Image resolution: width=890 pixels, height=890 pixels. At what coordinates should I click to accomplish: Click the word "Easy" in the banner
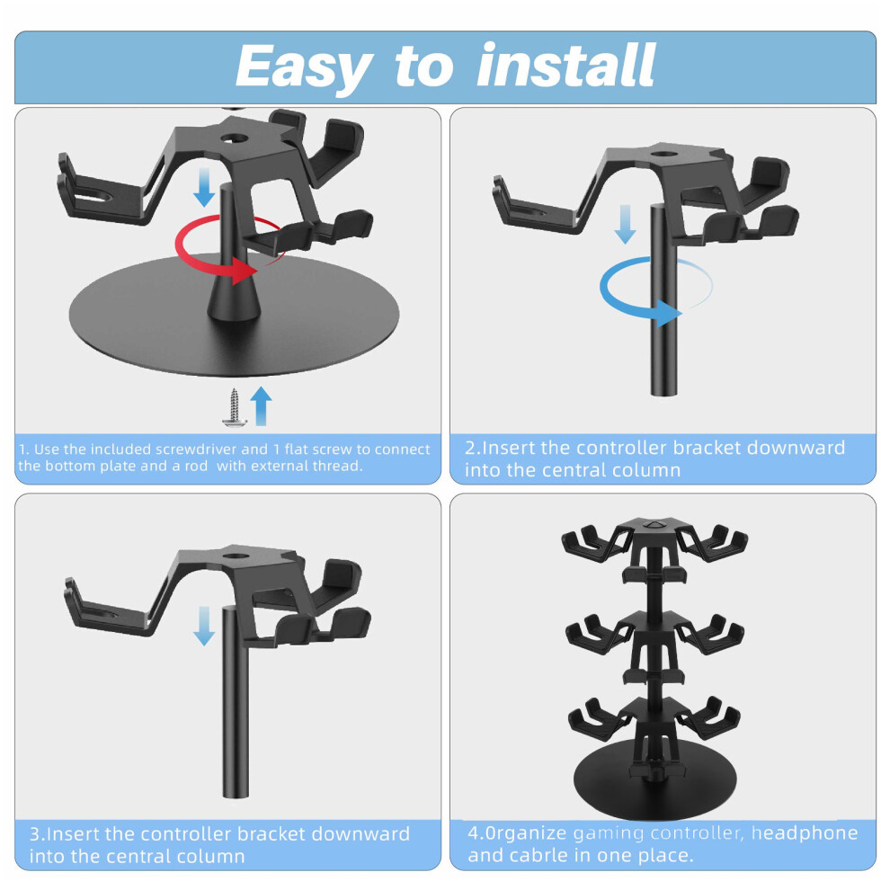click(x=304, y=68)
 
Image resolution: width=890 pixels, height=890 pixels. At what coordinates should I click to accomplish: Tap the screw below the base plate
click(x=234, y=407)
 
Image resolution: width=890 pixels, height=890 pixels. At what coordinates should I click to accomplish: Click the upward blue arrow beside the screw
click(x=261, y=405)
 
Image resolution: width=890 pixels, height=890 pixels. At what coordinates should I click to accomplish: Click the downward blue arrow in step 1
click(x=204, y=187)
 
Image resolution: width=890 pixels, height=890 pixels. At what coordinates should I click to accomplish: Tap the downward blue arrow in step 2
click(x=626, y=224)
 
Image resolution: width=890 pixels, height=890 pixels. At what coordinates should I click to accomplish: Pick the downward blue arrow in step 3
click(x=204, y=626)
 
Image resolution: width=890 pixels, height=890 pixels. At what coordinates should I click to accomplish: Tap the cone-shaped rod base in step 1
click(x=234, y=298)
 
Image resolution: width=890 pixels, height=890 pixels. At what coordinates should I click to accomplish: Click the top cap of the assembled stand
click(x=654, y=525)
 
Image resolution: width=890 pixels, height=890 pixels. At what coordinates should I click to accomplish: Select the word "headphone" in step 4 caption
click(x=805, y=832)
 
